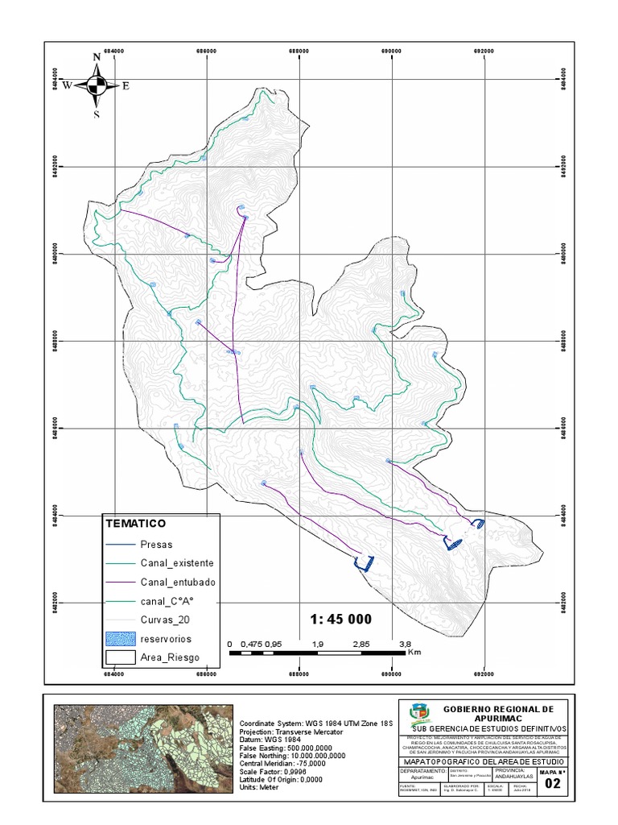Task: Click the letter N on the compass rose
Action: coord(97,56)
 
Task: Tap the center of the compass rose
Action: coord(97,85)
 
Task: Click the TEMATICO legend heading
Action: coord(135,524)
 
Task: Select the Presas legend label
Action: coord(156,544)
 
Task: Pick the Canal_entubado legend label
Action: coord(177,582)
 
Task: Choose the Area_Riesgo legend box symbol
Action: coord(117,657)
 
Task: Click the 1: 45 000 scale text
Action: coord(341,619)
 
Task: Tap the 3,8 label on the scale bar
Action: coord(405,644)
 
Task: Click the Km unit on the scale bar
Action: coord(415,653)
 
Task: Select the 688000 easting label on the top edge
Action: coord(299,51)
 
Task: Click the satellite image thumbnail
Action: coord(142,748)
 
